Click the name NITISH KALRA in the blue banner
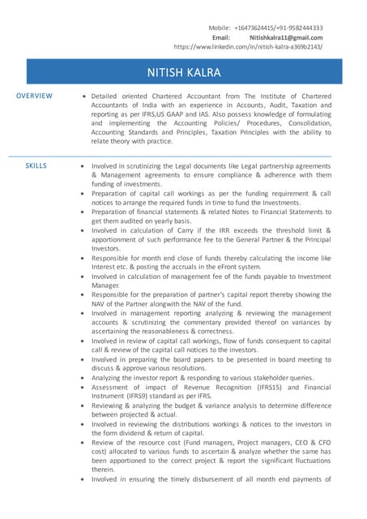point(183,73)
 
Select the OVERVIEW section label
point(35,97)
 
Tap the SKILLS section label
point(36,165)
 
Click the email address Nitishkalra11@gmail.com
point(285,37)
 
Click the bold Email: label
point(221,37)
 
